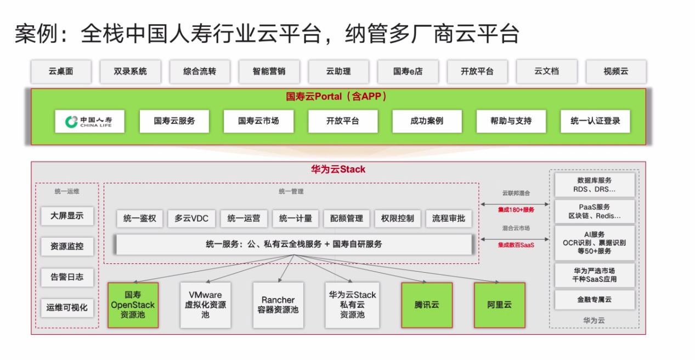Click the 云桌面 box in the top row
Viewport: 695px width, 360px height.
pos(61,72)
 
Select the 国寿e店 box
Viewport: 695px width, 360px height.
pos(408,72)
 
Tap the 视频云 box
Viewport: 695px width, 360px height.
pos(616,72)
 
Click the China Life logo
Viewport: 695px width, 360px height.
pos(89,121)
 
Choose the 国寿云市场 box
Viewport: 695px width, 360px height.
pos(258,121)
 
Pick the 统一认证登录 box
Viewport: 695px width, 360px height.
pos(595,121)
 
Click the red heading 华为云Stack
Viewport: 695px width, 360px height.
pos(338,170)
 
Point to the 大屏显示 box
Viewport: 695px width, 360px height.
pos(67,216)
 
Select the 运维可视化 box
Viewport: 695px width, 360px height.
pos(67,308)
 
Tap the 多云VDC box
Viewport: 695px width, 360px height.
pos(191,219)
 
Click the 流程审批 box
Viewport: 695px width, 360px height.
pos(449,219)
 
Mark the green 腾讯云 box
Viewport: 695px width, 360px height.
pos(427,305)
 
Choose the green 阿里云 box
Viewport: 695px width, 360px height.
pos(500,305)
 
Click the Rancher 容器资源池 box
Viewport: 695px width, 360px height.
pos(278,305)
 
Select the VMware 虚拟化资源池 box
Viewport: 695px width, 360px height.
pos(205,305)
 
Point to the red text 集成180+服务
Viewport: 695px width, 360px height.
pos(516,210)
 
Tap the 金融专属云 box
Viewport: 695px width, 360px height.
pos(595,300)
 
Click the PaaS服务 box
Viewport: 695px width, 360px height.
pos(595,212)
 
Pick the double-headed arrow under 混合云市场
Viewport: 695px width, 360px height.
pos(515,239)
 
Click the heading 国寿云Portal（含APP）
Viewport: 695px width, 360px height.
pos(336,97)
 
